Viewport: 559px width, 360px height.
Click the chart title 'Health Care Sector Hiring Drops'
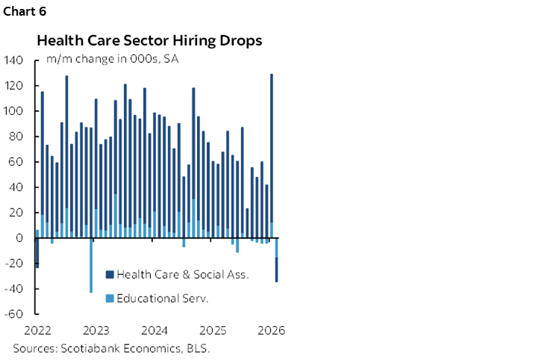click(149, 40)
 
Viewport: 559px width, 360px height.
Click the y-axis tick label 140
click(14, 60)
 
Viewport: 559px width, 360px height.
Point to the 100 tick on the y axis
click(14, 111)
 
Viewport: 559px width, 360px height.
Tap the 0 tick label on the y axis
click(20, 238)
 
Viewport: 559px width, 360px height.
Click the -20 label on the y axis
click(14, 264)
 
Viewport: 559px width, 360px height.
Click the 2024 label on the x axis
click(154, 330)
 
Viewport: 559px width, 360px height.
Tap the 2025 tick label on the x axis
click(213, 330)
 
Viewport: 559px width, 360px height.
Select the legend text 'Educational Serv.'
click(163, 299)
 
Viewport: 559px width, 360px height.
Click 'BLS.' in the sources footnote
click(197, 348)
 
